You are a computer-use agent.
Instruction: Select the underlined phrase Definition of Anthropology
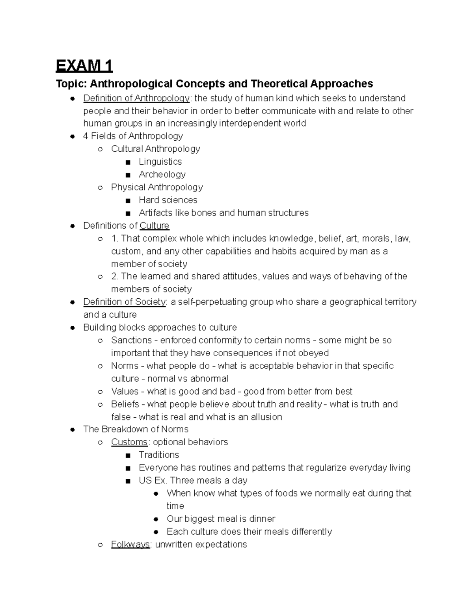pos(136,98)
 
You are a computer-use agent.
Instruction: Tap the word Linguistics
pos(160,162)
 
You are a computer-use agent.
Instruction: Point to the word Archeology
pos(162,174)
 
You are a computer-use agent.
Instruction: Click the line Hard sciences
pos(168,200)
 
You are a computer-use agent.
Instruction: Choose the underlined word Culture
pos(155,225)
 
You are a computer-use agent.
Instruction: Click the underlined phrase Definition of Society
pos(125,302)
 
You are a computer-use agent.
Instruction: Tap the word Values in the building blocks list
pos(125,391)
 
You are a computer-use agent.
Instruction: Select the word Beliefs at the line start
pos(125,404)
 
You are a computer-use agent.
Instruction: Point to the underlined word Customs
pos(129,442)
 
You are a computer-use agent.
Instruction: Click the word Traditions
pos(159,455)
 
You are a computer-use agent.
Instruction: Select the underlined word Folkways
pos(130,544)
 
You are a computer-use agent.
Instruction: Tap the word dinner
pos(262,519)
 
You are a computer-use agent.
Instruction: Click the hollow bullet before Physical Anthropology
pos(100,188)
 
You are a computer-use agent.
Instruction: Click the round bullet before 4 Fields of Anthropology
pos(73,136)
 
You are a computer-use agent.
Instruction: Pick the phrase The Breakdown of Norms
pos(136,429)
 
